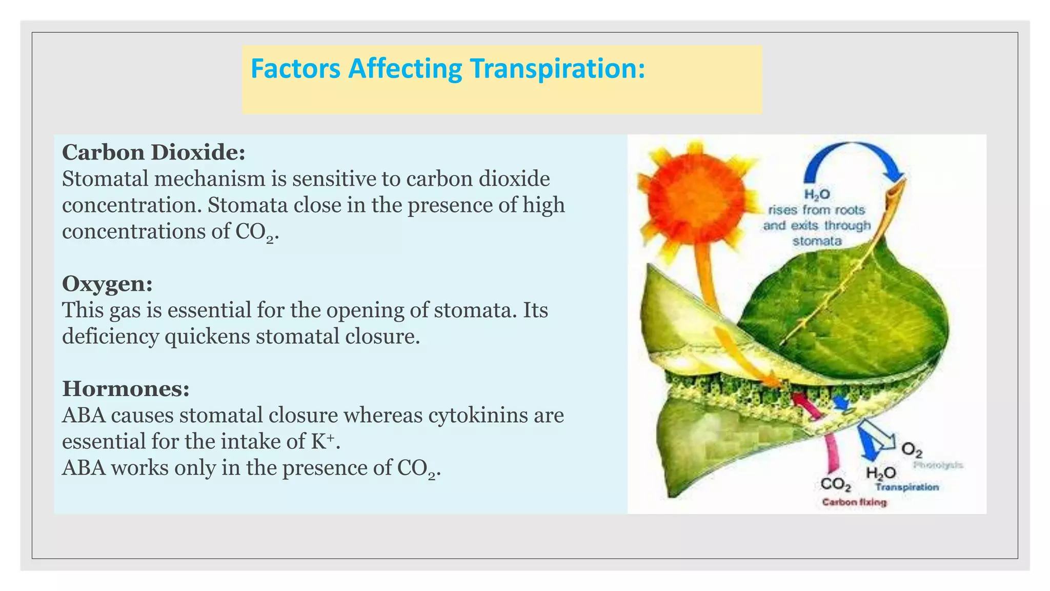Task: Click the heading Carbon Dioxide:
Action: pyautogui.click(x=153, y=152)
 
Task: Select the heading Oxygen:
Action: pyautogui.click(x=107, y=284)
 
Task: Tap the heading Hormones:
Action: pyautogui.click(x=126, y=389)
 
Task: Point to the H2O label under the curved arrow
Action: pyautogui.click(x=817, y=194)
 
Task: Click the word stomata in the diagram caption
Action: pyautogui.click(x=817, y=241)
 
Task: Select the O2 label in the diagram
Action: pyautogui.click(x=912, y=450)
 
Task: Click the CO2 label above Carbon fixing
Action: pyautogui.click(x=836, y=484)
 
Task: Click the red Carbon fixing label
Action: pyautogui.click(x=854, y=502)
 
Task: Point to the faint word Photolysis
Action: pyautogui.click(x=938, y=465)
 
